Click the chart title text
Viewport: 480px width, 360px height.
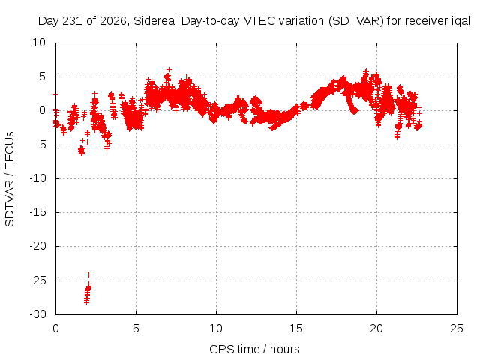[254, 21]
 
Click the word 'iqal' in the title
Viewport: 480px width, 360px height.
[461, 21]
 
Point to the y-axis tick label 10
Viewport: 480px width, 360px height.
[39, 43]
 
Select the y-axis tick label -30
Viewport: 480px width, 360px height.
[37, 314]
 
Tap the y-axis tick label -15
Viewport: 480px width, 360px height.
[37, 212]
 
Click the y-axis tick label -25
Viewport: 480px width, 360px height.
[37, 280]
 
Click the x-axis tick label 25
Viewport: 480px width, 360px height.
[457, 328]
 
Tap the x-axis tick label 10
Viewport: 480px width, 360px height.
[216, 328]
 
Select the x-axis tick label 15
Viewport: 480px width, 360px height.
[296, 328]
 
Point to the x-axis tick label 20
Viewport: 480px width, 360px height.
[376, 328]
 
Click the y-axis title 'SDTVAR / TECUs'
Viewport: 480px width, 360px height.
[10, 179]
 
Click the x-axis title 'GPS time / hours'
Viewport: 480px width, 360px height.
[254, 349]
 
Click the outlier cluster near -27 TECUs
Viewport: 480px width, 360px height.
[88, 293]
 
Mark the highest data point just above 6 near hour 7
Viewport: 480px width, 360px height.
[169, 70]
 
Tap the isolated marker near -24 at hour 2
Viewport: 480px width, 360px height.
[88, 274]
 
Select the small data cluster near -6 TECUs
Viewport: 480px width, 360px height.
[82, 151]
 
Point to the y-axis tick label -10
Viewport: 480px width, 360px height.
[37, 178]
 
